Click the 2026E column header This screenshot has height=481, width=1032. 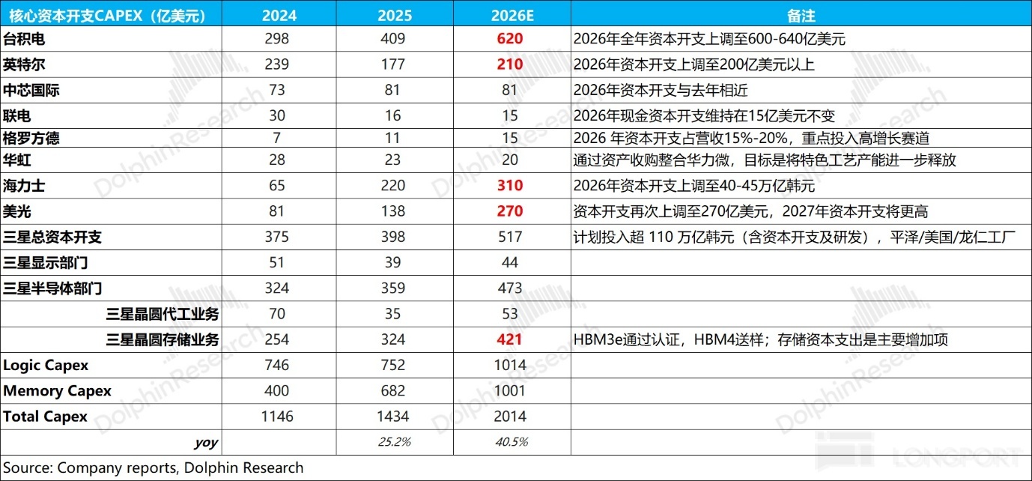click(x=512, y=16)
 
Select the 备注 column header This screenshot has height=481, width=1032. click(x=801, y=16)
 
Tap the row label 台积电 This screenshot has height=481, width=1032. click(x=24, y=39)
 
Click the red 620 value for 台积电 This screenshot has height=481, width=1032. click(x=509, y=38)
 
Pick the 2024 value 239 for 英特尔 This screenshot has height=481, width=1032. click(x=276, y=64)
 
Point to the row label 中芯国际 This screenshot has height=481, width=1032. click(x=31, y=90)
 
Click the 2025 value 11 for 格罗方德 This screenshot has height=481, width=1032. click(x=392, y=138)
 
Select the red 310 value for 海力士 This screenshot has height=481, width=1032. click(x=509, y=185)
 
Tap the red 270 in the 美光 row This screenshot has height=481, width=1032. click(x=509, y=211)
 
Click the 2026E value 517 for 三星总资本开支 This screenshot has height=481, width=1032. click(x=509, y=237)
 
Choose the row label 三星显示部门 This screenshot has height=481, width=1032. click(x=45, y=263)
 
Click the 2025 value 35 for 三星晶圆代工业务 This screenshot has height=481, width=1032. click(x=392, y=314)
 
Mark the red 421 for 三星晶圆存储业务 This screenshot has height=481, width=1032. click(x=509, y=339)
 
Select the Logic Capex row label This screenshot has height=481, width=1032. click(x=46, y=366)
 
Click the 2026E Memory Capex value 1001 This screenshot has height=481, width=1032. click(x=509, y=390)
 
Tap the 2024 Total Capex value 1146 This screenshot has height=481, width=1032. click(x=277, y=417)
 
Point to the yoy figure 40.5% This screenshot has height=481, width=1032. click(x=512, y=442)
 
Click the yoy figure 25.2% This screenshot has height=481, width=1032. click(x=395, y=442)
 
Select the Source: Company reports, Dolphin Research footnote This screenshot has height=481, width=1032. click(x=153, y=468)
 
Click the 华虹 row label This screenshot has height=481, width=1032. click(x=17, y=160)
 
